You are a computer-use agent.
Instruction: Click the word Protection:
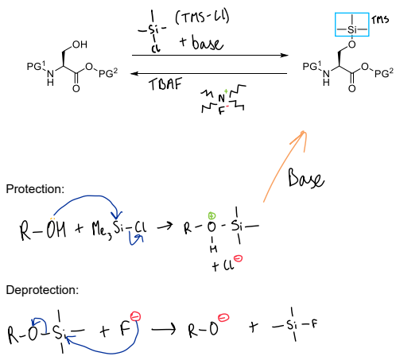(35, 189)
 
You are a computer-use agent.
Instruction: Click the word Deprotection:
(42, 290)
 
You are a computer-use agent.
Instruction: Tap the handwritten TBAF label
(165, 84)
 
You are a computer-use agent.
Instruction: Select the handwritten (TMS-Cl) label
(202, 17)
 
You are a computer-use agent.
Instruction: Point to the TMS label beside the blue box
(380, 19)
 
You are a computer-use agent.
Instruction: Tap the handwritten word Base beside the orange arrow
(306, 177)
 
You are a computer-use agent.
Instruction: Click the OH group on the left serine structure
(80, 45)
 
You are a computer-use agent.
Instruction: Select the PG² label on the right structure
(384, 73)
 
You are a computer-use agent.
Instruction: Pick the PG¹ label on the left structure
(36, 66)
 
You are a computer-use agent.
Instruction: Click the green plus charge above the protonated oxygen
(212, 216)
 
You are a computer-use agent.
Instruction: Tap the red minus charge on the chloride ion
(238, 258)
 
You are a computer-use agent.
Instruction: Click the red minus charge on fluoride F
(135, 316)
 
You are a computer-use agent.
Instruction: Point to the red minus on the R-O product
(223, 318)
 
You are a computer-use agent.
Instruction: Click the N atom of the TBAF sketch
(221, 99)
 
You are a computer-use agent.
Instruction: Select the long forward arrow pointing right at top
(210, 56)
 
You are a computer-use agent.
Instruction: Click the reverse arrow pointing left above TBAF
(209, 73)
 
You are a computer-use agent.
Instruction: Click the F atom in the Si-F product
(314, 324)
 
